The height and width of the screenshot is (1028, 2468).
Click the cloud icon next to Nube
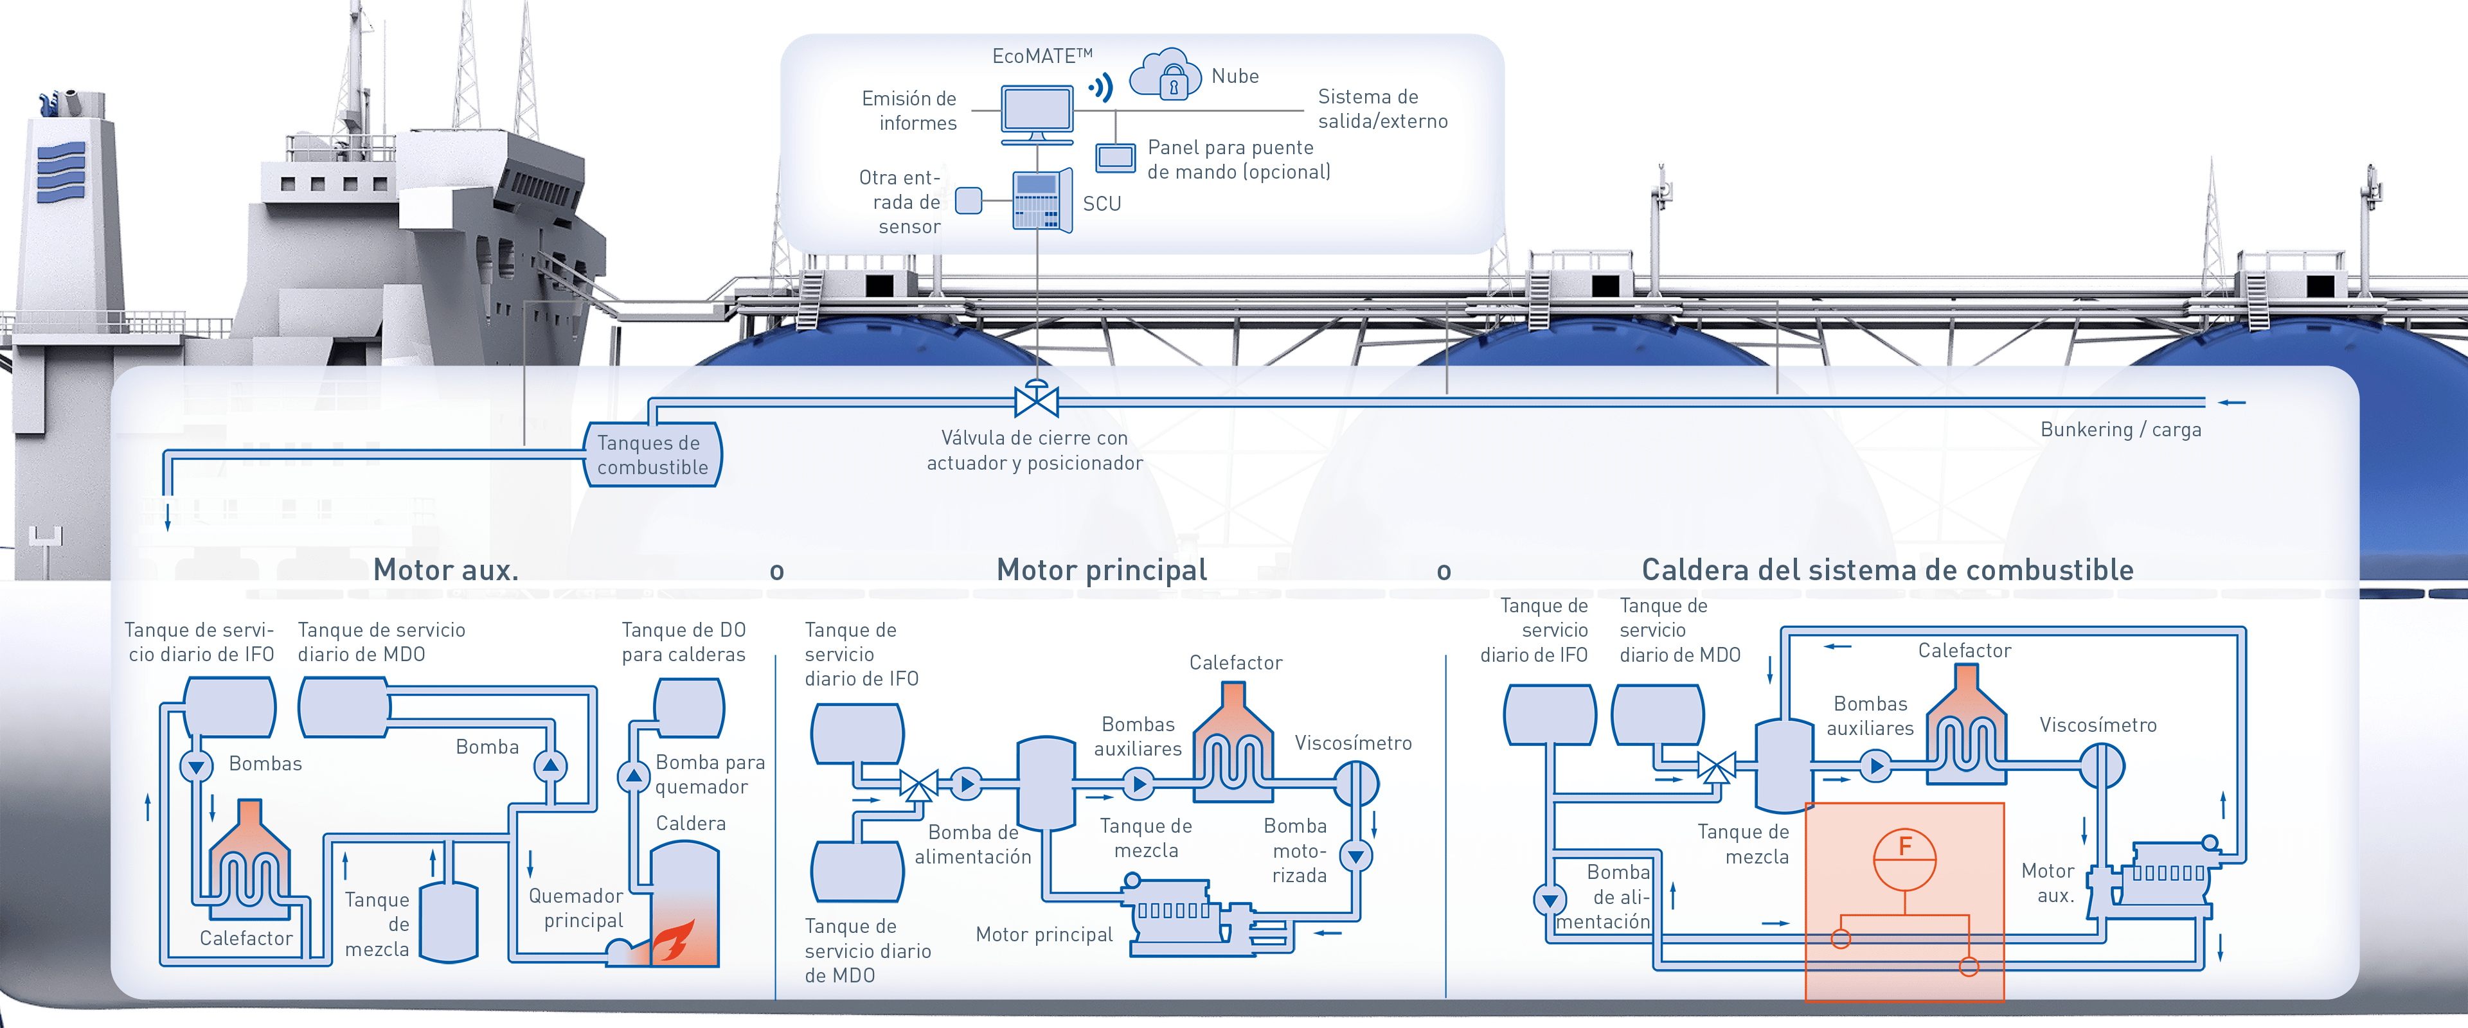(x=1165, y=75)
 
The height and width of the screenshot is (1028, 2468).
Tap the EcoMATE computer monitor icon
(x=1037, y=112)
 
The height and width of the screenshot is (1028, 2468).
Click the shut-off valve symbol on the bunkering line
(x=1035, y=400)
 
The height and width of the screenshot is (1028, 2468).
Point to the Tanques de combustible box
(x=652, y=455)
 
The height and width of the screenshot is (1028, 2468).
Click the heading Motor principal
(x=1101, y=570)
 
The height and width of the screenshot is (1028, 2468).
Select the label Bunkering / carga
(x=2120, y=429)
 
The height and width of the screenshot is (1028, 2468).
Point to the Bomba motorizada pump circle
(x=1355, y=855)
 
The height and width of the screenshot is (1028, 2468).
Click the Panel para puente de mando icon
(x=1115, y=157)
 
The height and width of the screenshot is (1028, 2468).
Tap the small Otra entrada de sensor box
(x=969, y=201)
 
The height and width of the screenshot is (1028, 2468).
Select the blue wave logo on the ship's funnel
(x=61, y=172)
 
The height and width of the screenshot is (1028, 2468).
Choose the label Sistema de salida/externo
(x=1382, y=108)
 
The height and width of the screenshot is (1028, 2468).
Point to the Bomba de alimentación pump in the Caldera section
(x=1549, y=899)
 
